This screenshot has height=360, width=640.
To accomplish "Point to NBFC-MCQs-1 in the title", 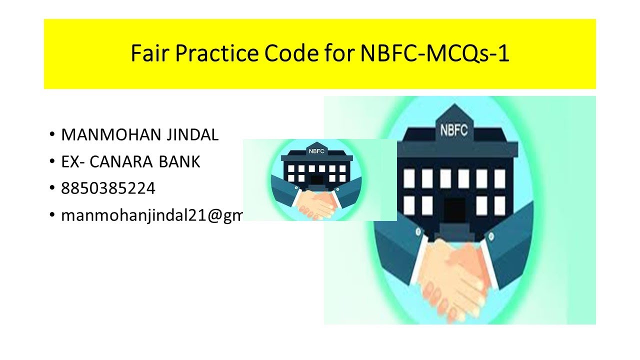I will pyautogui.click(x=434, y=54).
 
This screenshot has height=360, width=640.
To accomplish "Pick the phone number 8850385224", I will pyautogui.click(x=108, y=188).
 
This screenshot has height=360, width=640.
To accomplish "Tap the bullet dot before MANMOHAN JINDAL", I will pyautogui.click(x=52, y=135).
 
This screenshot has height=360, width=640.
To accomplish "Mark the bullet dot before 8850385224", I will pyautogui.click(x=52, y=189).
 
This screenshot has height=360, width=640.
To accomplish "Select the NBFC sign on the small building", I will pyautogui.click(x=315, y=150).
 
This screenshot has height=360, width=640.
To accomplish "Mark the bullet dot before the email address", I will pyautogui.click(x=52, y=216).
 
